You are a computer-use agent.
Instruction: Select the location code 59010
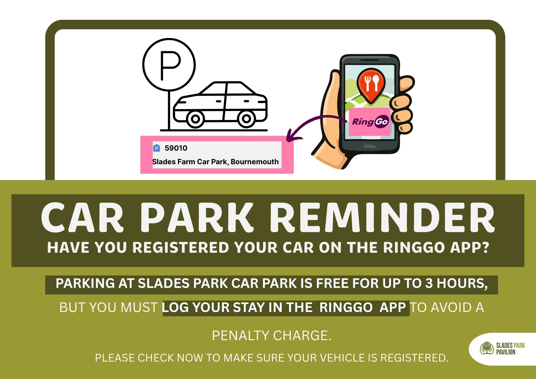[x=176, y=148]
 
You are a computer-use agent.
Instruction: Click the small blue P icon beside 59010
[x=157, y=148]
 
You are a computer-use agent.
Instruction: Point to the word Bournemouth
[x=255, y=162]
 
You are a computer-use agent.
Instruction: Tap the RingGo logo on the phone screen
[x=370, y=122]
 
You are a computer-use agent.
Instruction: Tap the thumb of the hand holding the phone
[x=331, y=107]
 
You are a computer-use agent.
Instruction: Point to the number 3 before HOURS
[x=429, y=283]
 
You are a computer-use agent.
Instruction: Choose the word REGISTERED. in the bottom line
[x=414, y=358]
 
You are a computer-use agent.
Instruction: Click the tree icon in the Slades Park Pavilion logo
[x=486, y=348]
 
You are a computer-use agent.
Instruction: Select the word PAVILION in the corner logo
[x=506, y=352]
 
